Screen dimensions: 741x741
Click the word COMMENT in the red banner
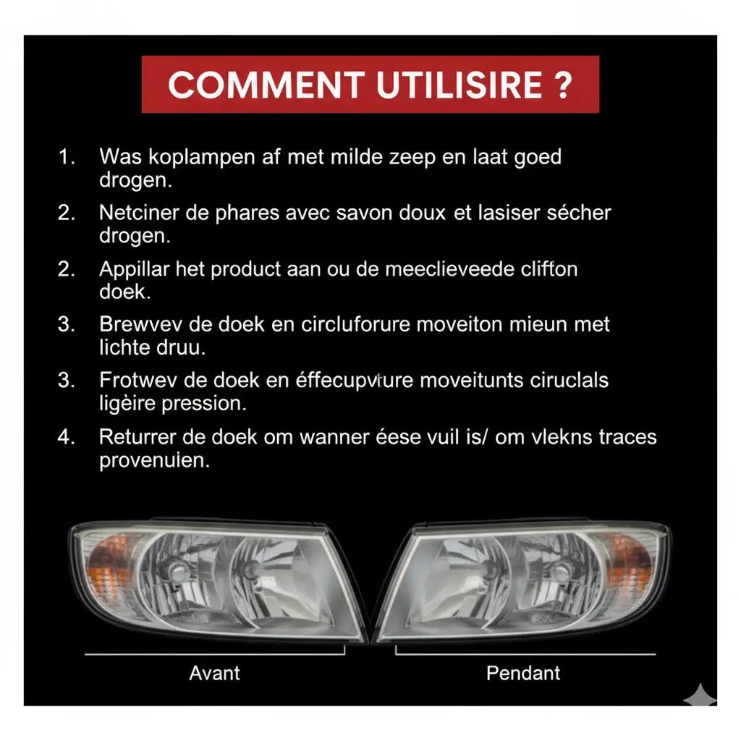click(x=266, y=85)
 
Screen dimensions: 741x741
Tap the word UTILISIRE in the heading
click(x=460, y=85)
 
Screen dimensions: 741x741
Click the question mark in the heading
click(x=562, y=85)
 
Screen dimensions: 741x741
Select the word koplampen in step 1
click(x=202, y=157)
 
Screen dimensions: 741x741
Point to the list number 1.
click(x=67, y=157)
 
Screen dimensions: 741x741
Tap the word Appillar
click(x=134, y=270)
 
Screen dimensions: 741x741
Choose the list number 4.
click(x=67, y=436)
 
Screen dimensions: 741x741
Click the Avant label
click(x=214, y=673)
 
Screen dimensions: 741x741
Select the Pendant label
click(x=523, y=673)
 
